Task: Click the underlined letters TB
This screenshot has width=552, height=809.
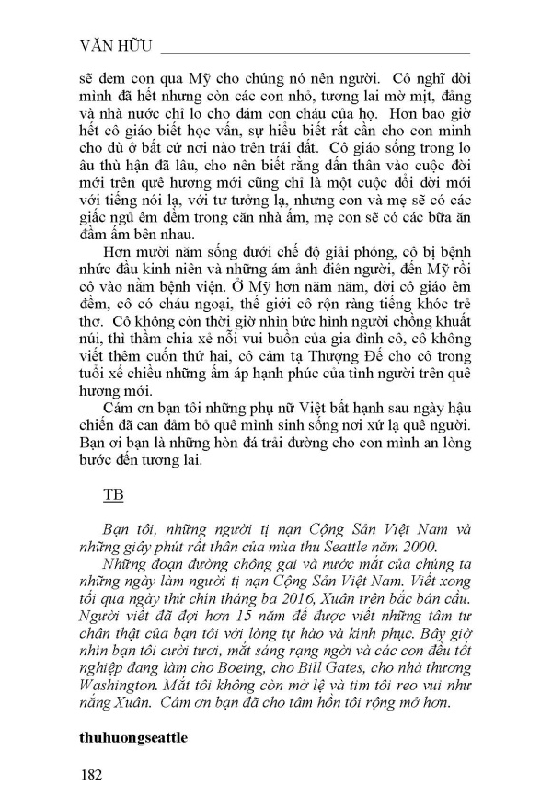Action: point(113,494)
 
